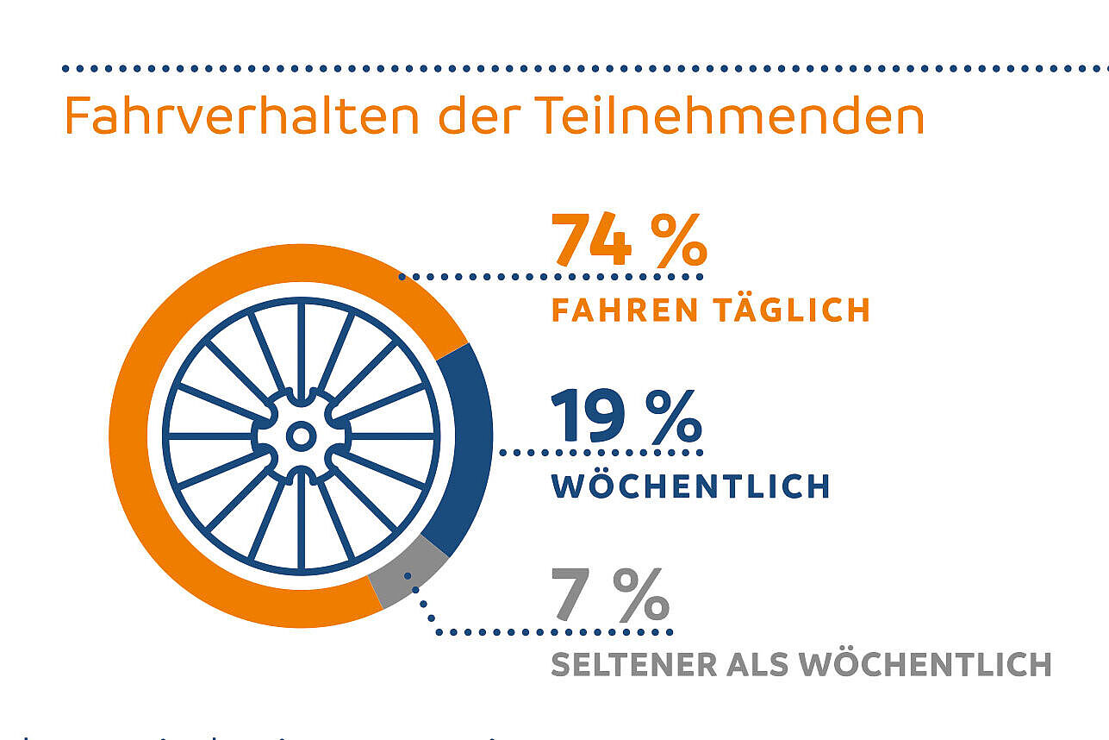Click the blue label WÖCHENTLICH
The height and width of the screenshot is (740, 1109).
pyautogui.click(x=690, y=486)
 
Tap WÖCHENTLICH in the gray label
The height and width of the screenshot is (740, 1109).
pyautogui.click(x=925, y=665)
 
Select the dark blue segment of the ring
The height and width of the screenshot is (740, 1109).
pyautogui.click(x=470, y=448)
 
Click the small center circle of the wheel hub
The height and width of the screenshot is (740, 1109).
pyautogui.click(x=301, y=436)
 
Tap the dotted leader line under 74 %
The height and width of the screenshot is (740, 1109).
pyautogui.click(x=551, y=277)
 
